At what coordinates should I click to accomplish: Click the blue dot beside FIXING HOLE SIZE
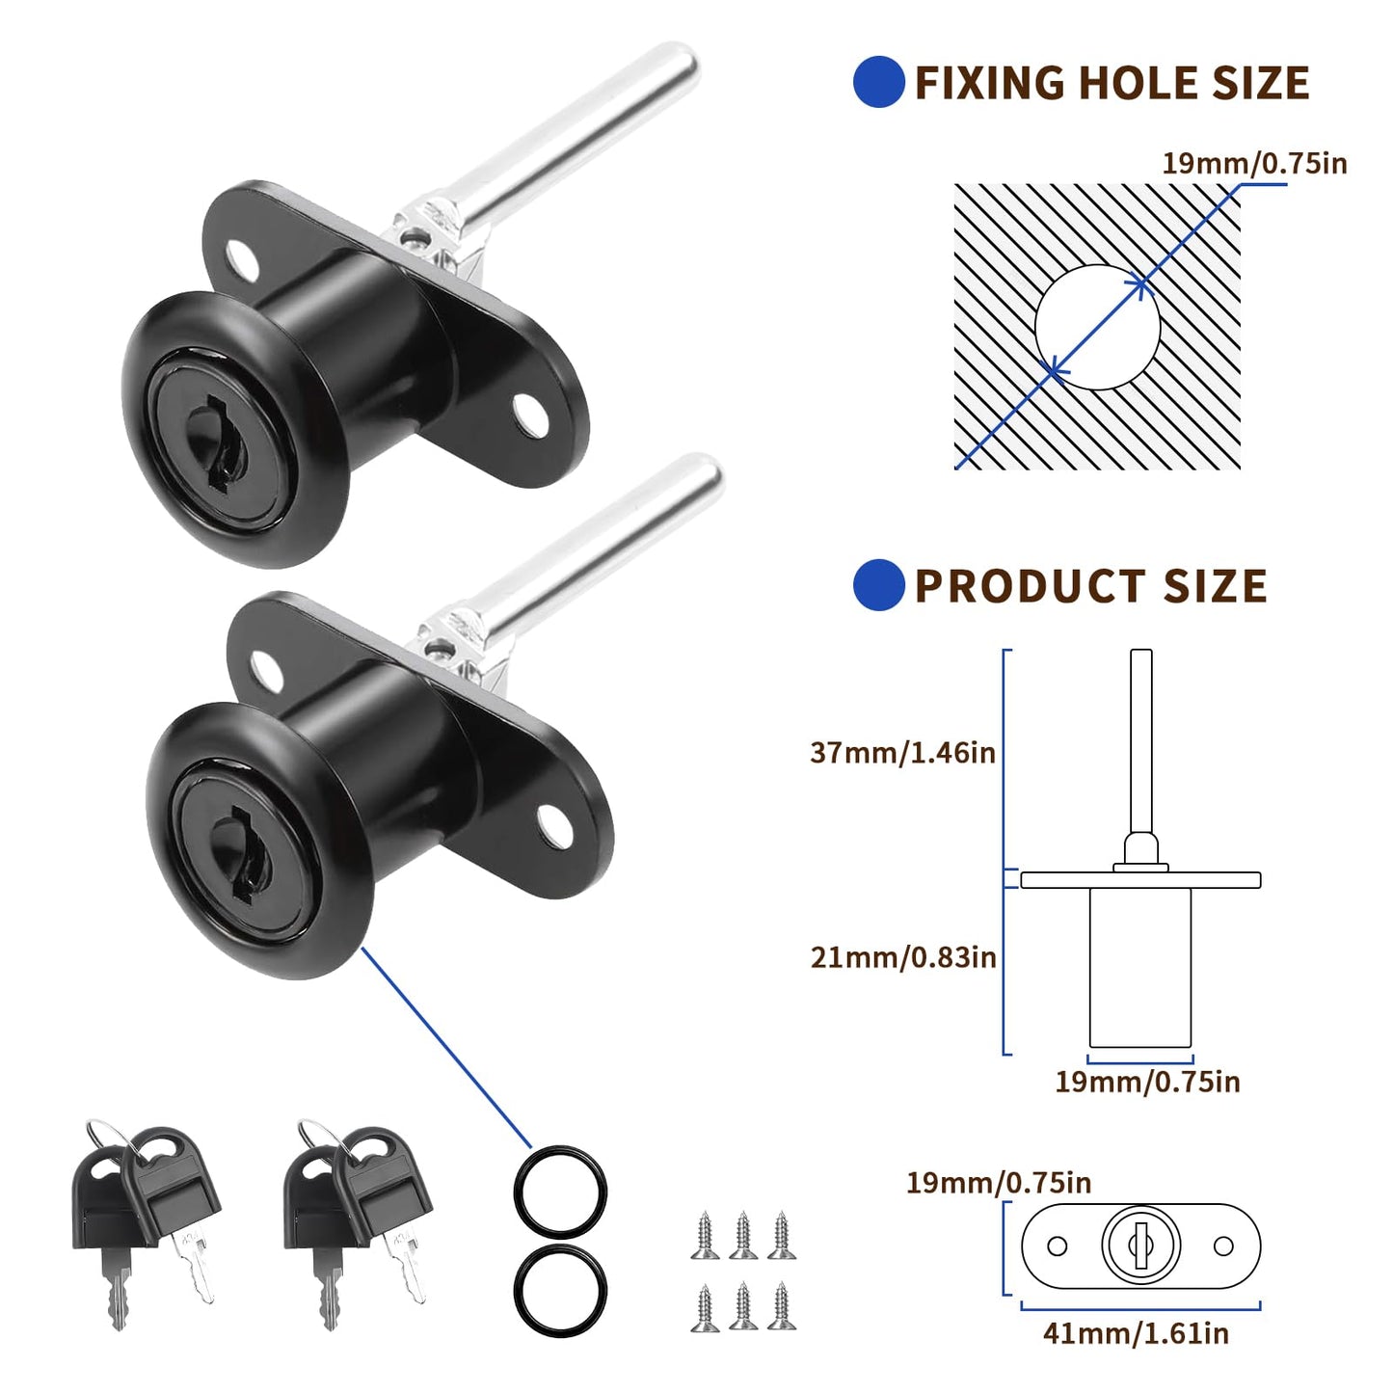pos(878,82)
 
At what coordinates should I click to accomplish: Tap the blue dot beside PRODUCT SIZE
pos(878,585)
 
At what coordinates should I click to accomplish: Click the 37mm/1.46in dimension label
pos(902,752)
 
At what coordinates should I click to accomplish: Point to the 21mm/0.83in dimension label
pos(903,957)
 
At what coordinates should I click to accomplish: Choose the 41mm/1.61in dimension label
pos(1136,1333)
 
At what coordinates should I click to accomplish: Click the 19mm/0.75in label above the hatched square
pos(1254,163)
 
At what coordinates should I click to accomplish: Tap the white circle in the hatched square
pos(1097,328)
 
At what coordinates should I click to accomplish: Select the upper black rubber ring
pos(560,1192)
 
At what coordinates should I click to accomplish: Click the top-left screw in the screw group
pos(705,1235)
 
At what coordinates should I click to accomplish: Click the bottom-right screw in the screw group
pos(781,1307)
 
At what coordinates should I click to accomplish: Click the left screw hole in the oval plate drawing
pos(1057,1246)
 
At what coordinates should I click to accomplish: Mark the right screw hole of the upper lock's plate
pos(529,415)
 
